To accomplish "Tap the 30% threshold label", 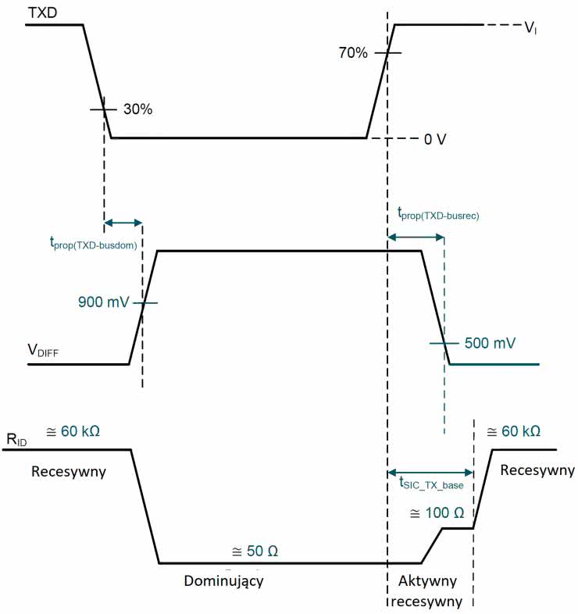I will point(137,109).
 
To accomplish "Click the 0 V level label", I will point(435,139).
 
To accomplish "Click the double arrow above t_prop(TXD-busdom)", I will point(123,223).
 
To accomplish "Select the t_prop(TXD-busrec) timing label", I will point(437,212).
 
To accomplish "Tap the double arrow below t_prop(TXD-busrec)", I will point(416,235).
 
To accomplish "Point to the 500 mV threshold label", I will point(490,343).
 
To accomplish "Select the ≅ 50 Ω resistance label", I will point(255,551).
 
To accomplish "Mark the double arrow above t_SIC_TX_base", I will point(430,472).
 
